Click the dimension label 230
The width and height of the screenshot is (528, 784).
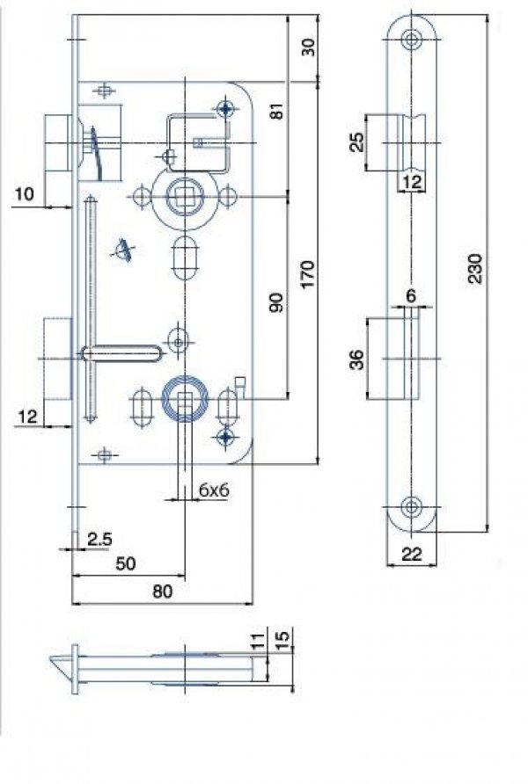point(475,268)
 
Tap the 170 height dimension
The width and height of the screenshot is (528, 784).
point(308,273)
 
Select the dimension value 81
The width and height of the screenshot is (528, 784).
point(277,111)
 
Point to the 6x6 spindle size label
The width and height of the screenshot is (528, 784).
point(214,490)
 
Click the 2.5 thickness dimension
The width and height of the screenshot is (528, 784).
point(99,539)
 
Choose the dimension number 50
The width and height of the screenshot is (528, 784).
point(126,563)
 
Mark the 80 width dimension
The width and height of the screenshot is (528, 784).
point(162,591)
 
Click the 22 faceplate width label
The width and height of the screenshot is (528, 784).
point(412,554)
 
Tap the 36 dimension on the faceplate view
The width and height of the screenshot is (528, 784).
point(356,359)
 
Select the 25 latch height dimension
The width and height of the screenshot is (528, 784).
point(356,142)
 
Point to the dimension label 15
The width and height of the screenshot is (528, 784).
point(282,638)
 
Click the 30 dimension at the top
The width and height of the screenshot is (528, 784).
point(309,47)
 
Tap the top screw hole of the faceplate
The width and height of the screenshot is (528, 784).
point(411,39)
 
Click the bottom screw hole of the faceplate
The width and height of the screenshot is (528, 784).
point(411,506)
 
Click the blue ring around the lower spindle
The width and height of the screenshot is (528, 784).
point(185,398)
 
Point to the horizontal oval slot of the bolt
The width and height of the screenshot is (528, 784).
point(121,353)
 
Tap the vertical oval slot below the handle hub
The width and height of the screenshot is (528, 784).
point(185,258)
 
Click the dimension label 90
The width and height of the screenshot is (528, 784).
point(277,303)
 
